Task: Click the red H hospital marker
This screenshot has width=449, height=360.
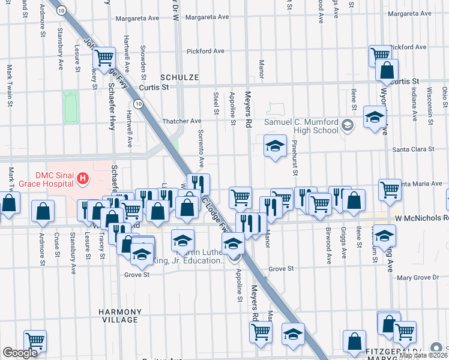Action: click(x=83, y=178)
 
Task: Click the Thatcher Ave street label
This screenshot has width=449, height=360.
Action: click(x=187, y=121)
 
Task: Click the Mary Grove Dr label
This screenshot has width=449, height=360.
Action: click(x=418, y=277)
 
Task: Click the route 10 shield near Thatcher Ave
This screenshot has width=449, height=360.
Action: click(x=139, y=104)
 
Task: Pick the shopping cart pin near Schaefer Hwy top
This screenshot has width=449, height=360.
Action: click(x=104, y=58)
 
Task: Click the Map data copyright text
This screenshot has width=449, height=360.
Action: click(x=423, y=355)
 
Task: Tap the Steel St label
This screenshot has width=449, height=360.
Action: click(x=216, y=101)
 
